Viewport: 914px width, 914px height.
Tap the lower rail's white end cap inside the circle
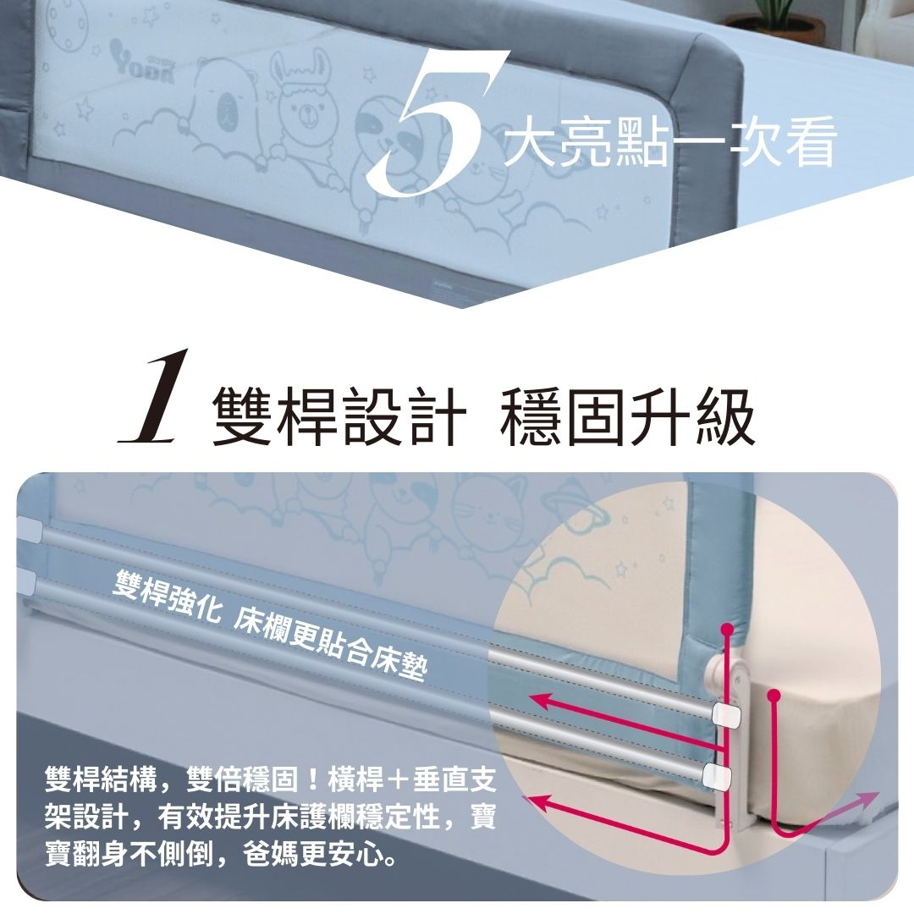716,774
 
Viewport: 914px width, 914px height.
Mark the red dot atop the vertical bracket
727,630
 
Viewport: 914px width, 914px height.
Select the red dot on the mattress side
773,696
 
